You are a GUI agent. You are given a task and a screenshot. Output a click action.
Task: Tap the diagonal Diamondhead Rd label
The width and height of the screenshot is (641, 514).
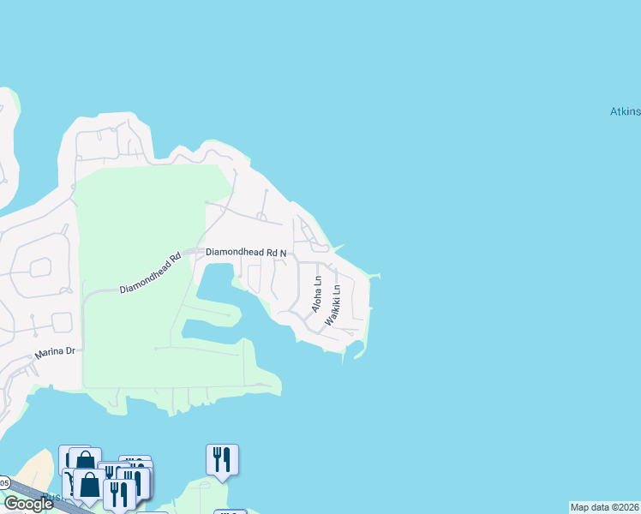tap(151, 273)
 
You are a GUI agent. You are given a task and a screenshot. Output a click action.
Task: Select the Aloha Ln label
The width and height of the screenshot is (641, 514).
tap(317, 294)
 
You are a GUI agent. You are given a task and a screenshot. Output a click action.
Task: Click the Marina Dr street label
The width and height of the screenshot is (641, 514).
tap(56, 353)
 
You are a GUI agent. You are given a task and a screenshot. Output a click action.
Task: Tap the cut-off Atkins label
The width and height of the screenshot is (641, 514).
tap(625, 112)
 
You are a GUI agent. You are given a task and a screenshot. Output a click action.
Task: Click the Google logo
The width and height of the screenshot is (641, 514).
tap(27, 504)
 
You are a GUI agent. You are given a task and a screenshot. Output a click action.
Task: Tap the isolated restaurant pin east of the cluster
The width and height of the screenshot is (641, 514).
tap(222, 459)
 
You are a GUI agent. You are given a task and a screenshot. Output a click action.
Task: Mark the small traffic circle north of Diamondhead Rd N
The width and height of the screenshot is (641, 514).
tap(320, 248)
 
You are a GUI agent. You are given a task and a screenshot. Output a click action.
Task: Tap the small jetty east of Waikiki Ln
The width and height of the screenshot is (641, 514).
tap(374, 276)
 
